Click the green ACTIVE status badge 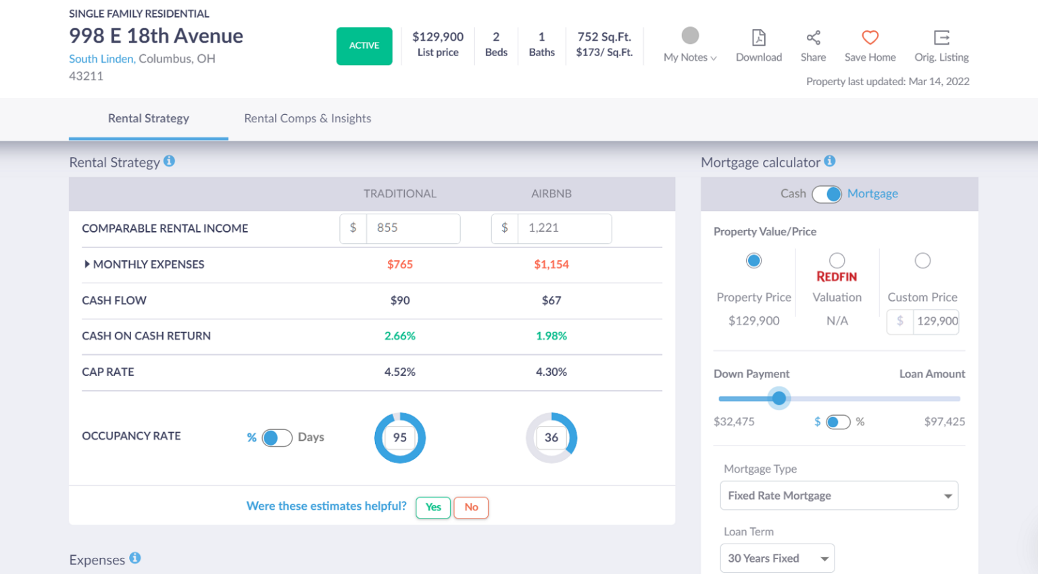coord(364,46)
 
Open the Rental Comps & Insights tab coord(307,118)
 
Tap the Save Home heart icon coord(870,38)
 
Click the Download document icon coord(759,38)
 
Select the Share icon coord(813,38)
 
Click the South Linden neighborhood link coord(101,59)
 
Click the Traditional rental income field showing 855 coord(412,229)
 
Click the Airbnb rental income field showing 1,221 coord(564,229)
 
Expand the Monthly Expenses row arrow coord(87,264)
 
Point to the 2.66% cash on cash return coord(400,336)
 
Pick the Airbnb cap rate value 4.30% coord(551,372)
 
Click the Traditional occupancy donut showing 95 coord(400,437)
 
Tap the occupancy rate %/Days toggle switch coord(277,438)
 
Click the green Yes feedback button coord(433,507)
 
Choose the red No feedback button coord(471,507)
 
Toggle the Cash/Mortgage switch coord(826,194)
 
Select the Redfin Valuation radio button coord(837,260)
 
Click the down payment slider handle coord(779,398)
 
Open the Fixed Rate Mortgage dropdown coord(839,496)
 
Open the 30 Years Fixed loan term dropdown coord(777,558)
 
